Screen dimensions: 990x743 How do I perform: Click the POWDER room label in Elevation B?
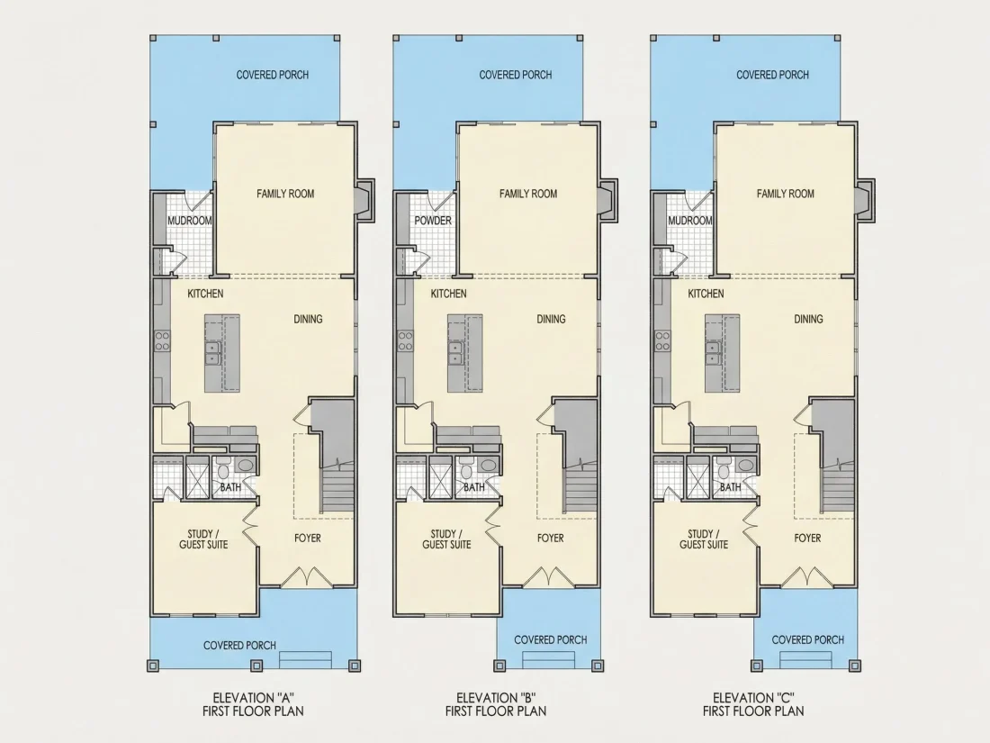(x=433, y=221)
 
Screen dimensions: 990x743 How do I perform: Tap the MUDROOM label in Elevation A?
(x=189, y=221)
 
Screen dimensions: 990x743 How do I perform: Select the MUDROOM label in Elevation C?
(x=690, y=221)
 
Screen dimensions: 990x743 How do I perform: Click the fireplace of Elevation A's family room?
(x=364, y=201)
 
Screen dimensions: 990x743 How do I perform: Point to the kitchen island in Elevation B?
(x=465, y=353)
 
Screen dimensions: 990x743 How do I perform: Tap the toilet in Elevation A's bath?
(x=223, y=470)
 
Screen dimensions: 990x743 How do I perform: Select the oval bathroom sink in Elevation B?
(x=488, y=466)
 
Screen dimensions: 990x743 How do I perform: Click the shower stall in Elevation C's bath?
(x=697, y=477)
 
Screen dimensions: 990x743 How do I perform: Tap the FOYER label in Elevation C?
(x=807, y=539)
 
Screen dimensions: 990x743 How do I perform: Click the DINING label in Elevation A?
(x=308, y=319)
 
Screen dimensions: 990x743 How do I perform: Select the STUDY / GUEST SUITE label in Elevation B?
(x=446, y=539)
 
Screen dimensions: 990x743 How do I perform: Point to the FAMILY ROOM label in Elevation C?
(x=786, y=194)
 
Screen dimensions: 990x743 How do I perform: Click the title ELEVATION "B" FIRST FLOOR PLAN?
(x=496, y=704)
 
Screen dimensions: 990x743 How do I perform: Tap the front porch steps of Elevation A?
(x=306, y=659)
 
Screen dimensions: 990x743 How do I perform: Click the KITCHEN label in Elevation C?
(x=706, y=294)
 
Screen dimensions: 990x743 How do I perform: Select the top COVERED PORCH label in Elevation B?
(x=515, y=75)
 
